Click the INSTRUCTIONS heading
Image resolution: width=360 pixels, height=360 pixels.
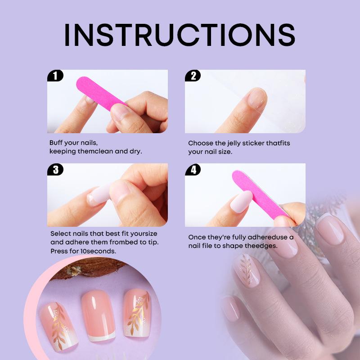coord(180,35)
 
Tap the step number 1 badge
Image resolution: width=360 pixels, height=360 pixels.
coord(55,76)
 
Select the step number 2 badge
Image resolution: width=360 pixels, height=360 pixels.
coord(193,76)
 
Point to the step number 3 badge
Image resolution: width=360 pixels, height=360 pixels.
coord(55,170)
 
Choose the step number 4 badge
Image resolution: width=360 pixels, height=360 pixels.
coord(193,170)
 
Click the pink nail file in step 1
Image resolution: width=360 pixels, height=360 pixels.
coord(100,94)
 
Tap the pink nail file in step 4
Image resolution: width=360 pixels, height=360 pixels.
coord(260,194)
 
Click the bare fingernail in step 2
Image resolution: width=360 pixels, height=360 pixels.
coord(257,98)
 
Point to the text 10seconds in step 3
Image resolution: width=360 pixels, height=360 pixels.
coord(98,251)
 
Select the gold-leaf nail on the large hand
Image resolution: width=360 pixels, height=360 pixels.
coord(247,270)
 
